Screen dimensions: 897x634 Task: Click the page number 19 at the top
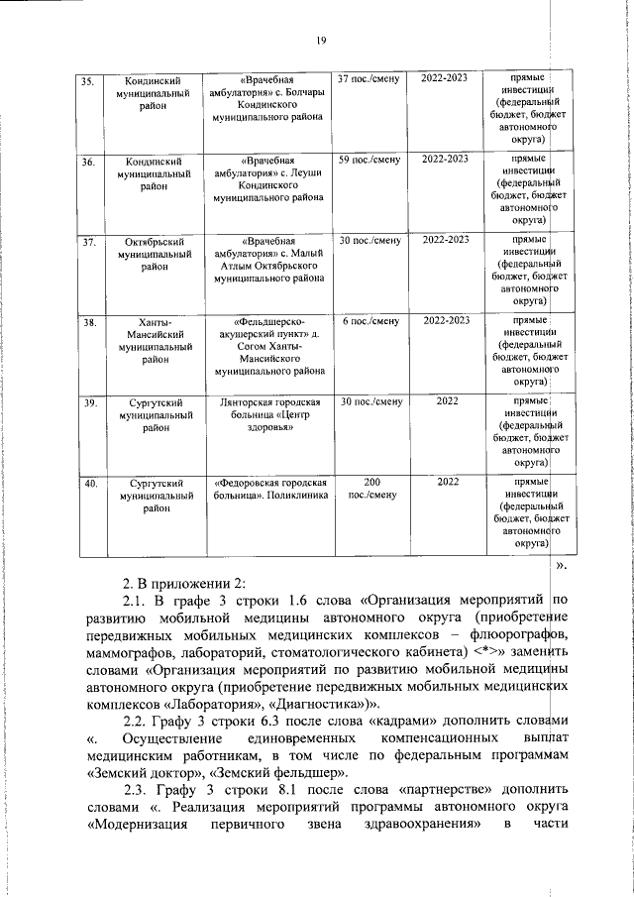pyautogui.click(x=321, y=40)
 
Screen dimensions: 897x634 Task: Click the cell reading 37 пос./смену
pyautogui.click(x=369, y=77)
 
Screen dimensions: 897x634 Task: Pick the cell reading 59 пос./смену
pyautogui.click(x=369, y=159)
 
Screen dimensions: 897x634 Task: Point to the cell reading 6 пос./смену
pyautogui.click(x=370, y=321)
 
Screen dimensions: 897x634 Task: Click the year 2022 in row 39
pyautogui.click(x=446, y=402)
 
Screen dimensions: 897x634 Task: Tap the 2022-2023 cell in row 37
pyautogui.click(x=446, y=240)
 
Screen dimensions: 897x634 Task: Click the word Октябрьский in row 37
pyautogui.click(x=150, y=241)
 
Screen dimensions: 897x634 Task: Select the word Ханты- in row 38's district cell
pyautogui.click(x=150, y=322)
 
